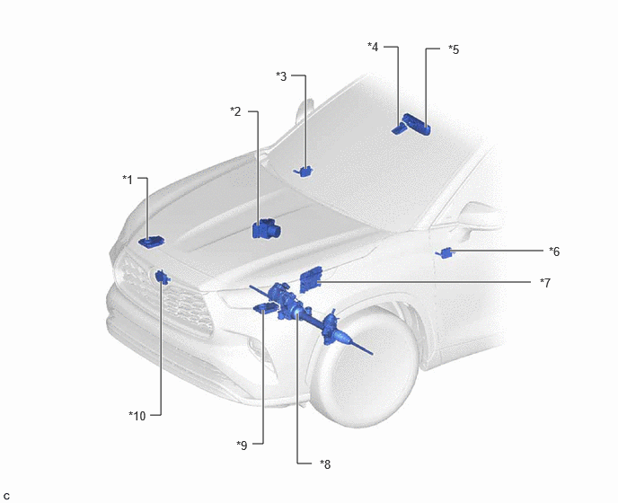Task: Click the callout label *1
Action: point(128,180)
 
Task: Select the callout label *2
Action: point(235,111)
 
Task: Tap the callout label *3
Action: point(281,76)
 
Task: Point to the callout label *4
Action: point(373,47)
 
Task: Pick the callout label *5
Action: point(454,49)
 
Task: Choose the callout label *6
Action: point(554,251)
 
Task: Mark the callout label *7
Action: point(545,283)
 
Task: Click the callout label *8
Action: point(325,464)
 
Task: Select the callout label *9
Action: point(242,446)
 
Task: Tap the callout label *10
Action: point(137,416)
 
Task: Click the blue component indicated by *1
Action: point(151,242)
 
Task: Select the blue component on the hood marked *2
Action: point(267,229)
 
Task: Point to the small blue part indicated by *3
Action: point(304,171)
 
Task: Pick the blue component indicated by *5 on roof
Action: point(416,123)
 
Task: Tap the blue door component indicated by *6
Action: point(445,252)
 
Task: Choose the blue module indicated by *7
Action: point(311,279)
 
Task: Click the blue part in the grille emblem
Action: point(162,277)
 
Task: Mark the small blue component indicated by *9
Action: point(265,308)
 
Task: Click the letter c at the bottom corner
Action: point(6,497)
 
